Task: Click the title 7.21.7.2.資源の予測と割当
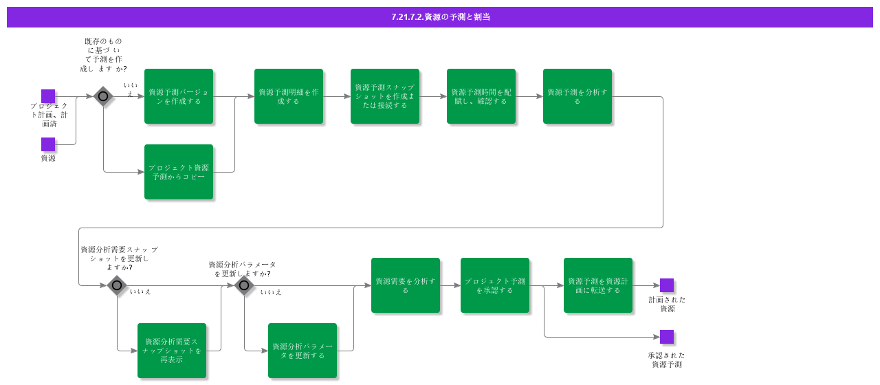pos(440,17)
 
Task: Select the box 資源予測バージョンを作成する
pos(179,96)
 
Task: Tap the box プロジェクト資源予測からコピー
pos(179,172)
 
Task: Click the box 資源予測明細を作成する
pos(289,96)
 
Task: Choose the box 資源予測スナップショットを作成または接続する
pos(385,96)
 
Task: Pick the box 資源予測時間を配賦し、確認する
pos(481,96)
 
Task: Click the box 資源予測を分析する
pos(577,96)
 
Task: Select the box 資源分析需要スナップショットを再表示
pos(172,351)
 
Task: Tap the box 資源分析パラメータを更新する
pos(302,351)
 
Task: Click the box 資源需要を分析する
pos(406,285)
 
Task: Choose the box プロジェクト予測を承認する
pos(495,285)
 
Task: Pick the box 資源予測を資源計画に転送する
pos(598,285)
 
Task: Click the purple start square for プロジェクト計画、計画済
pos(48,96)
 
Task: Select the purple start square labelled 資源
pos(48,144)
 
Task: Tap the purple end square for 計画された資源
pos(667,285)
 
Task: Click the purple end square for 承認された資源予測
pos(667,337)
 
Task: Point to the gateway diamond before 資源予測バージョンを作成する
pos(103,96)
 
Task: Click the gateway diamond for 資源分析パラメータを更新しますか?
pos(244,285)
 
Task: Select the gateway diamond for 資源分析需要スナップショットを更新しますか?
pos(117,285)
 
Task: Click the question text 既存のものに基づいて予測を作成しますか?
pos(103,55)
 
